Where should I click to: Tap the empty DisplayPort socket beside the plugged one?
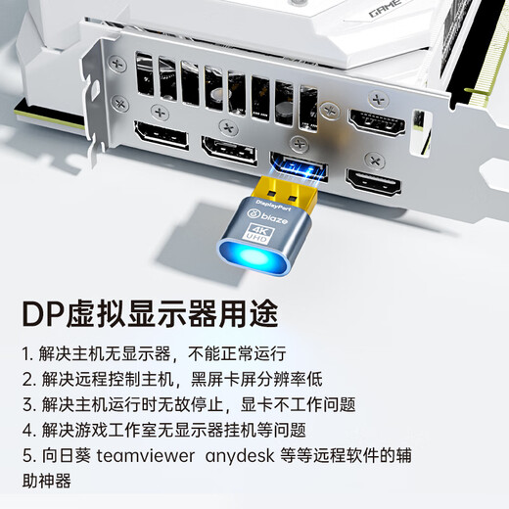(229, 150)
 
